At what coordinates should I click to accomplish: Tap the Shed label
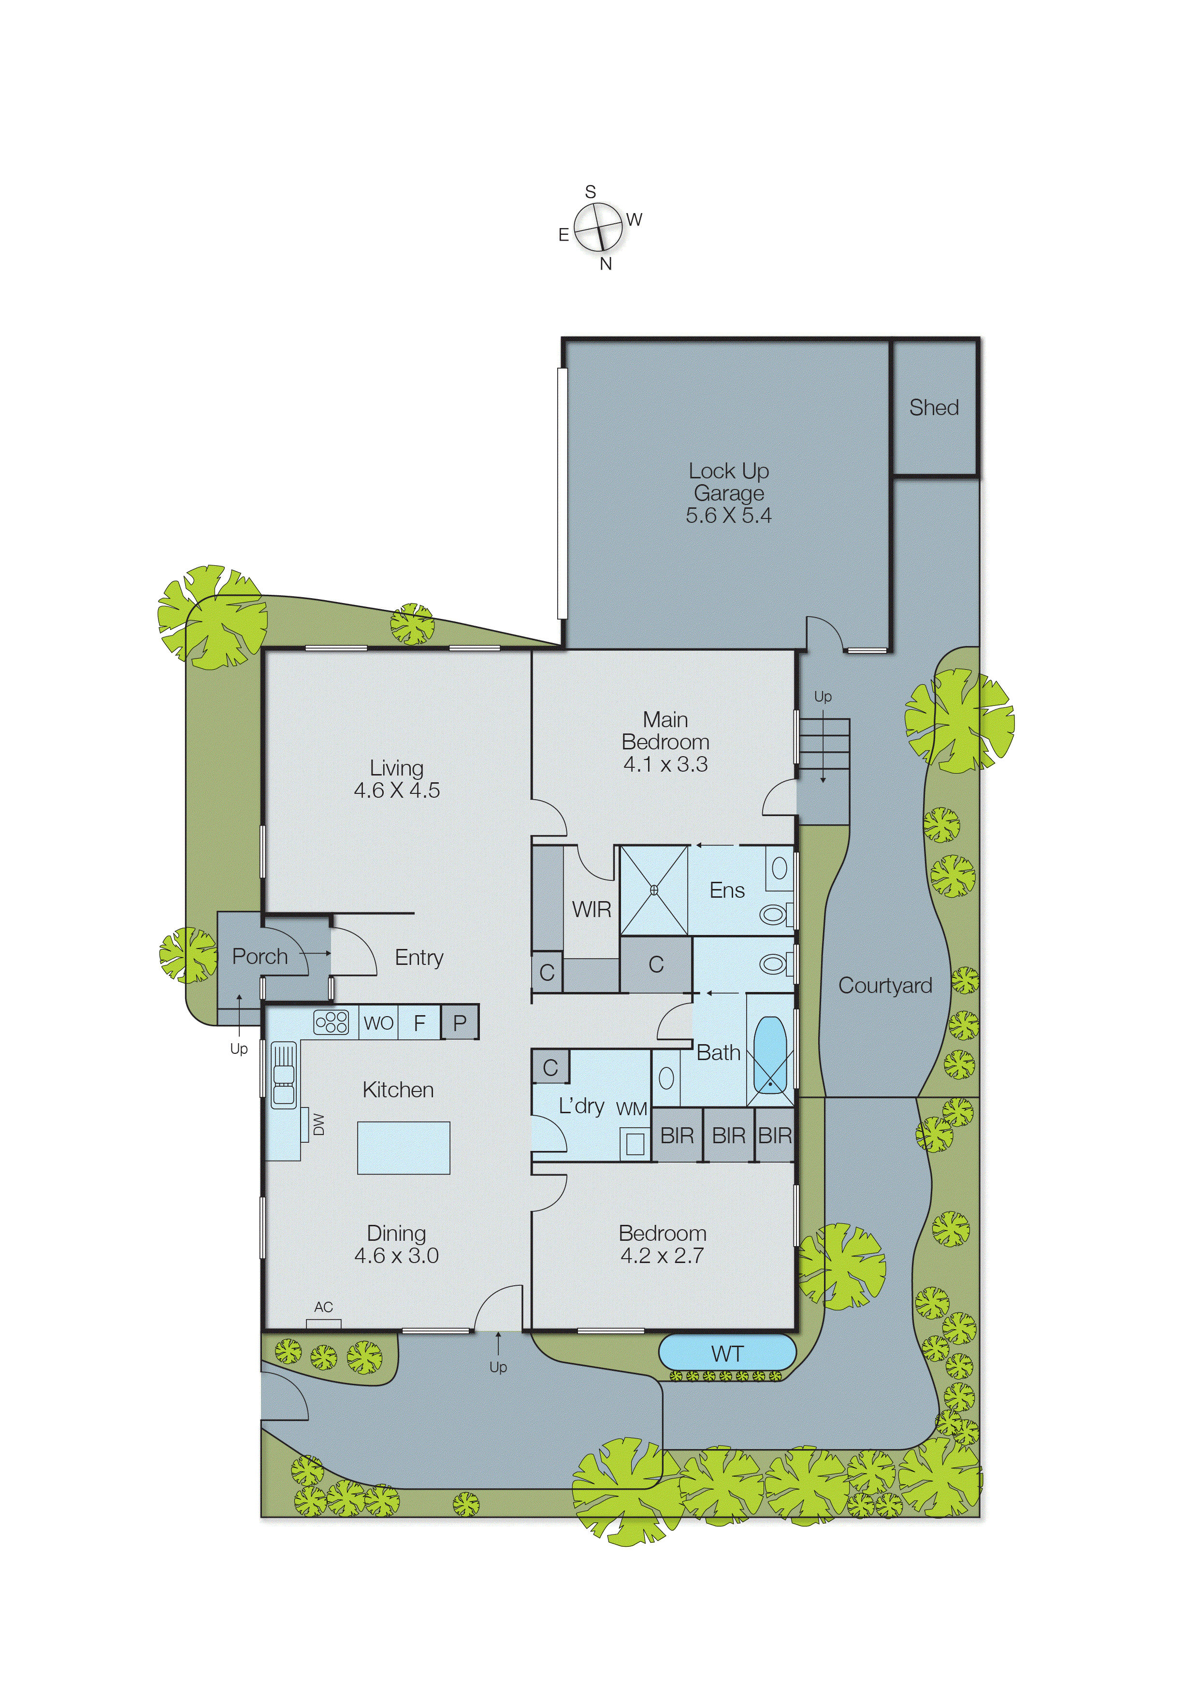pos(934,407)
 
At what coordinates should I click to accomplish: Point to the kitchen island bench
pos(403,1148)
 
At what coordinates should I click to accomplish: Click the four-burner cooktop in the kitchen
pos(331,1022)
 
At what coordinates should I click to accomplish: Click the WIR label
pos(592,909)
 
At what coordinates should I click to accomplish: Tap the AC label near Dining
pos(323,1307)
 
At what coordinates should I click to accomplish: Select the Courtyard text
pos(885,986)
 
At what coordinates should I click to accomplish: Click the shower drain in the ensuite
pos(653,891)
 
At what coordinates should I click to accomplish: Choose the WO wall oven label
pos(378,1023)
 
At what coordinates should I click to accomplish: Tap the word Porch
pos(260,956)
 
